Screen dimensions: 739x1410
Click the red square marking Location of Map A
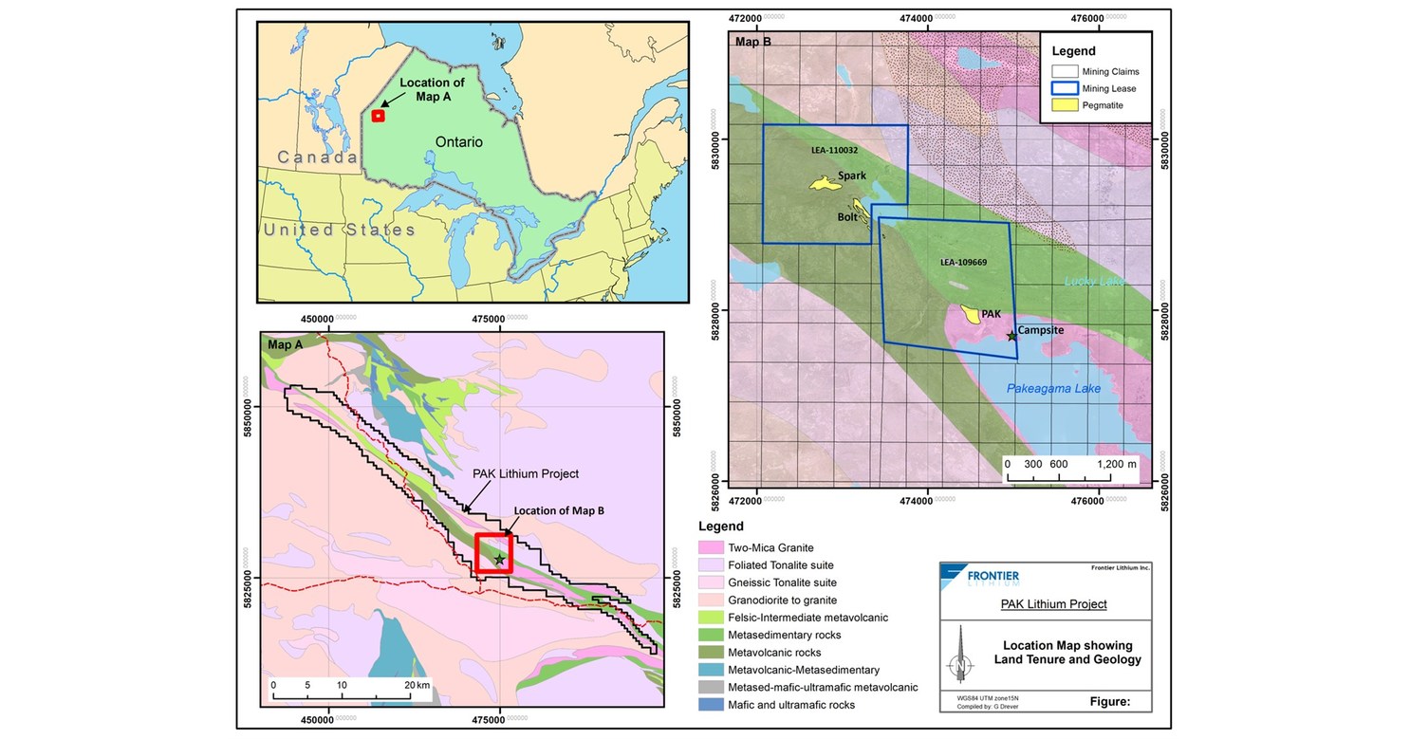click(378, 116)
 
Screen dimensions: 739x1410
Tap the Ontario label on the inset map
click(459, 141)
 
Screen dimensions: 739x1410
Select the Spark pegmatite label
click(851, 176)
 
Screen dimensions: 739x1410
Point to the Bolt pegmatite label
click(847, 217)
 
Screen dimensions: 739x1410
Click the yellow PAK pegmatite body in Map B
click(971, 313)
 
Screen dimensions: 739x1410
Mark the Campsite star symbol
click(1011, 336)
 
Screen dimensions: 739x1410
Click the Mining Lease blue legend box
click(1065, 88)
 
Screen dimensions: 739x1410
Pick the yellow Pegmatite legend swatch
click(1065, 104)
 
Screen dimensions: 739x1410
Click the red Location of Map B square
click(493, 552)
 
